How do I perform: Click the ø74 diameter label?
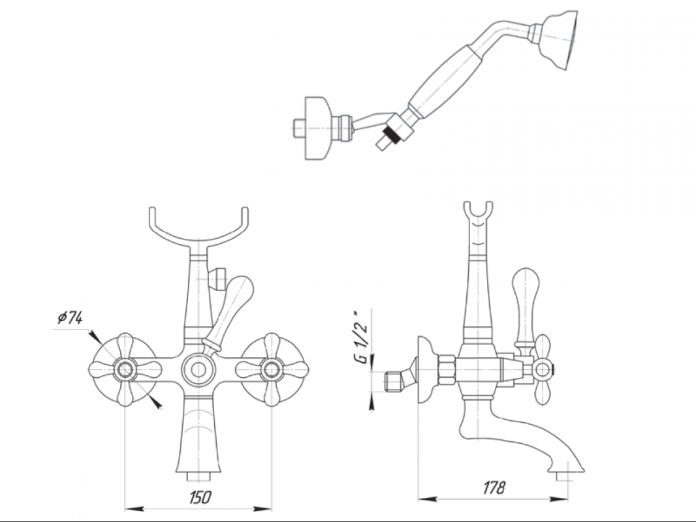(x=70, y=318)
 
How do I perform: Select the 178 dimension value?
(x=494, y=488)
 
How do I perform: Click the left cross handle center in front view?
(x=125, y=369)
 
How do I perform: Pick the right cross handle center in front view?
(x=271, y=369)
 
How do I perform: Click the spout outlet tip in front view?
(x=197, y=477)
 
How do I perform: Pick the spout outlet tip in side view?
(x=562, y=477)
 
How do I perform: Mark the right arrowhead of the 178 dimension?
(x=560, y=499)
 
